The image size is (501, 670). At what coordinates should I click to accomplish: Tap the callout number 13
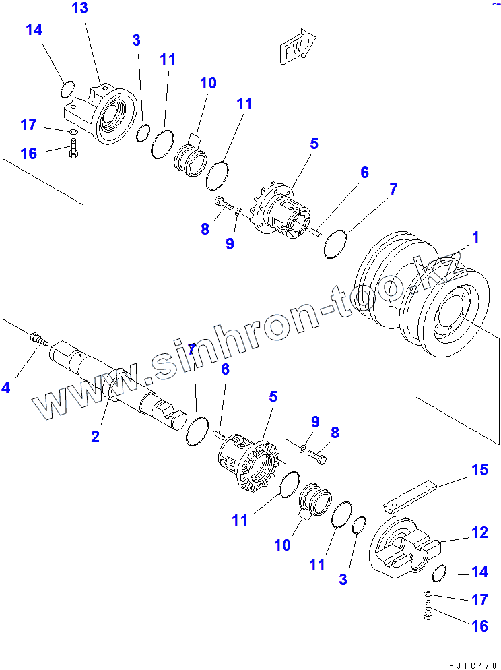pos(79,9)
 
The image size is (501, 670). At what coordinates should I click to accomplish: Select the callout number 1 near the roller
pos(475,237)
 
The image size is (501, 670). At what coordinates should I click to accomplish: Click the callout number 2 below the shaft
pos(96,437)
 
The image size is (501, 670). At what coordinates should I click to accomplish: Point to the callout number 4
pos(6,387)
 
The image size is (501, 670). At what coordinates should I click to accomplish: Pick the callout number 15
pos(479,470)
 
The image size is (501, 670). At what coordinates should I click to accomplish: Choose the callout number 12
pos(479,533)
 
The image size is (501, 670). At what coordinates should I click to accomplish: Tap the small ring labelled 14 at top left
pos(67,88)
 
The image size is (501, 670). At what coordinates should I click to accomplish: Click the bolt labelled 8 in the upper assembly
pos(224,202)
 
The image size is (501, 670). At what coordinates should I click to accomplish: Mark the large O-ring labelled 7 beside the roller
pos(335,244)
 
